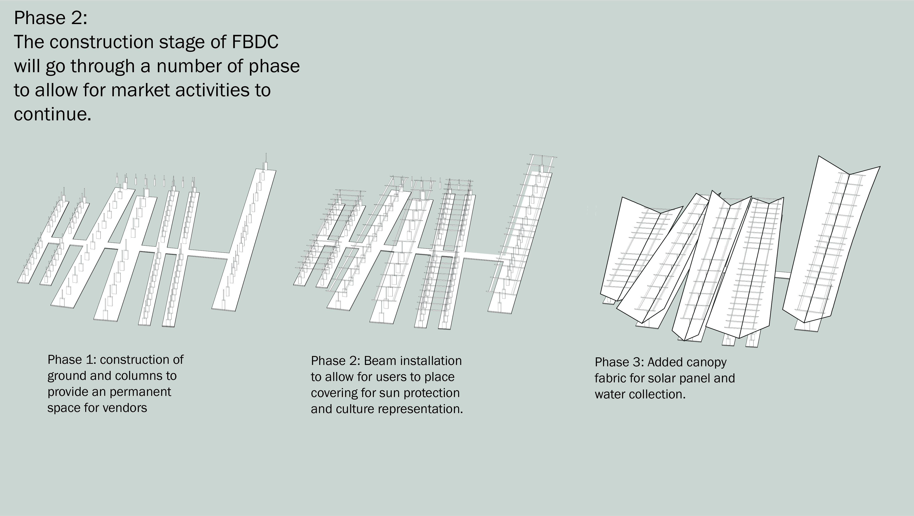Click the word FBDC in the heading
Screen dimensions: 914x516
pyautogui.click(x=255, y=42)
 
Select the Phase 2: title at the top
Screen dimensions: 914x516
pyautogui.click(x=50, y=18)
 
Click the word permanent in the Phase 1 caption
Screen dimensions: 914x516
pyautogui.click(x=140, y=392)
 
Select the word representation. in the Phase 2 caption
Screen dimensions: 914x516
pyautogui.click(x=420, y=409)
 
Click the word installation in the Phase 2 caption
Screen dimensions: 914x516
pyautogui.click(x=430, y=361)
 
